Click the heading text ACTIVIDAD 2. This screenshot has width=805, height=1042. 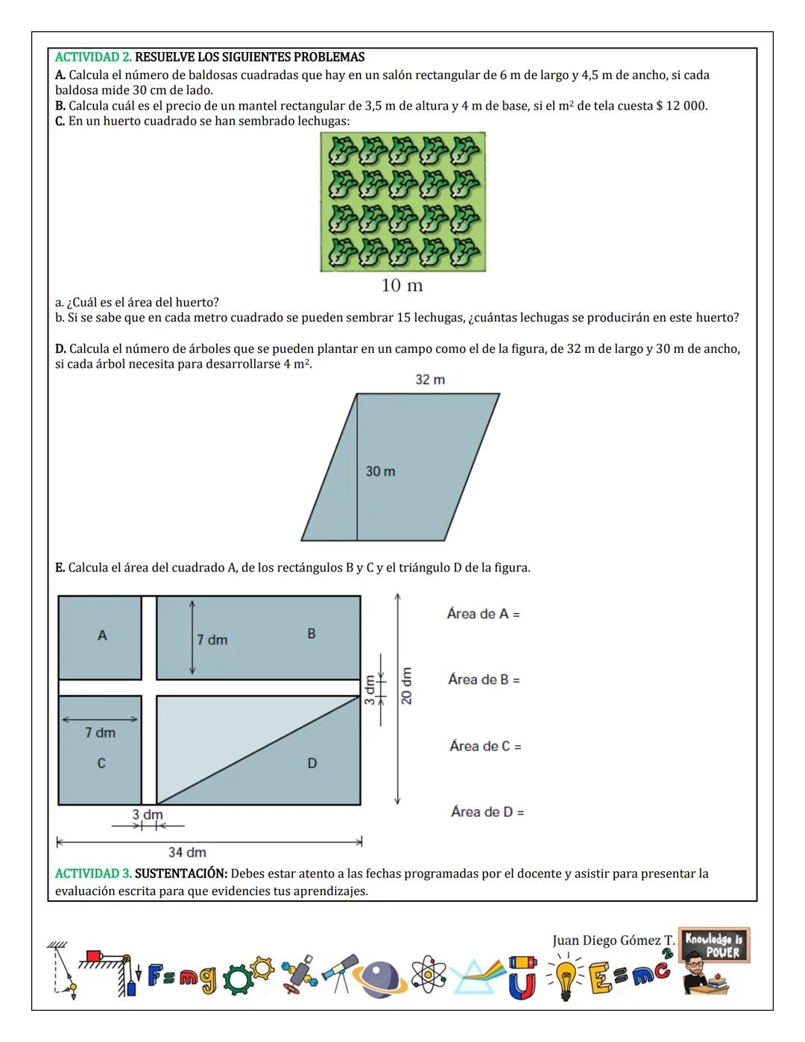(93, 57)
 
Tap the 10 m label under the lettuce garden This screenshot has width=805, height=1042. (402, 286)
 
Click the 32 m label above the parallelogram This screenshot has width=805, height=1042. (430, 380)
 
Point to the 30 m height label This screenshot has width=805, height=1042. (380, 471)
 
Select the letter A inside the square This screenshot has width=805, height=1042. (102, 635)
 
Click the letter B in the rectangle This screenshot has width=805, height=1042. (312, 634)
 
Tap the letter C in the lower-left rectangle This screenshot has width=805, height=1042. (101, 764)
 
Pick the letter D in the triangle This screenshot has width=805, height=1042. (312, 763)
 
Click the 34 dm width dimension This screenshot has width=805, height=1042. (187, 852)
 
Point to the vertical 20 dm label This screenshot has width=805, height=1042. (406, 685)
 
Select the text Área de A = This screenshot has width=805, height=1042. (483, 615)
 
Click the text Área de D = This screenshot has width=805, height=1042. (487, 812)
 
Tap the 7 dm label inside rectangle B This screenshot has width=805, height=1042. (212, 640)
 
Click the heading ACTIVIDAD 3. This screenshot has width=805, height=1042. (93, 873)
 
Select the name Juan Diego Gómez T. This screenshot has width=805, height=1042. (613, 941)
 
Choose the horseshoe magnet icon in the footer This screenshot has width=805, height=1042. (523, 979)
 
